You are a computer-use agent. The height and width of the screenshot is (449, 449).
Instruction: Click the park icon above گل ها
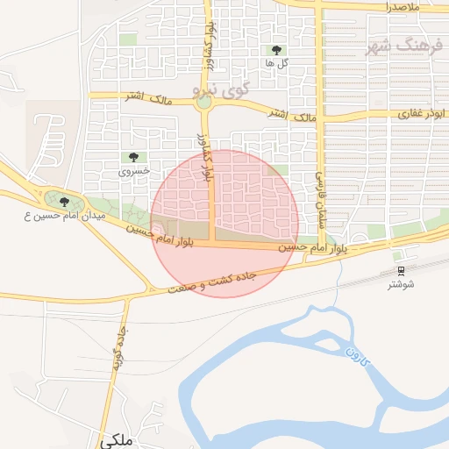pyautogui.click(x=278, y=50)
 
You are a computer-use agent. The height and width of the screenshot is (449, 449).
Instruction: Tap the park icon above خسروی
pyautogui.click(x=133, y=157)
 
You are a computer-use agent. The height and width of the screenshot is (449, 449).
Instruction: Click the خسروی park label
pyautogui.click(x=135, y=171)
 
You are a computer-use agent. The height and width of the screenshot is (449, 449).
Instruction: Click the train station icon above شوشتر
pyautogui.click(x=401, y=270)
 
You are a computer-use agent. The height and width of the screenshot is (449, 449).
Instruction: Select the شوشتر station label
pyautogui.click(x=401, y=284)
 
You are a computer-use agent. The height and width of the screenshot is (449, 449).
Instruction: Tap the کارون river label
pyautogui.click(x=354, y=357)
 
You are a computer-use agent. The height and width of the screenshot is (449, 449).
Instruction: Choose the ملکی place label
pyautogui.click(x=117, y=441)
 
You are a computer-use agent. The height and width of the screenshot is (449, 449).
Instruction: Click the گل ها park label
pyautogui.click(x=278, y=64)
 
